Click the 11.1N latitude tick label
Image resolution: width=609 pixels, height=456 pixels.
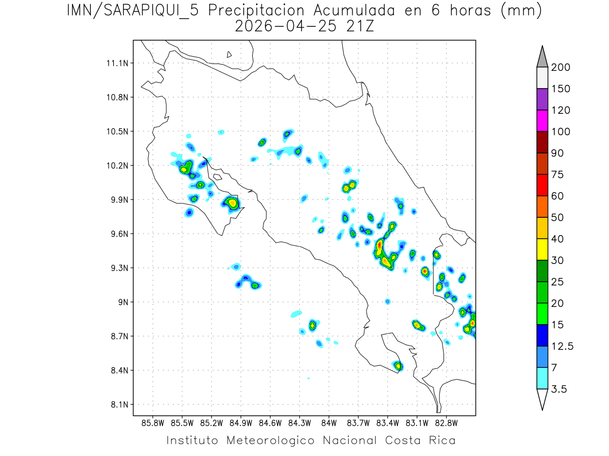117,63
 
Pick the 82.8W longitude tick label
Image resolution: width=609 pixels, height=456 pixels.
446,422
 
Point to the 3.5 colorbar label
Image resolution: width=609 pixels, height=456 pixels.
559,389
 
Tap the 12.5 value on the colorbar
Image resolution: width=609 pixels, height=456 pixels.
562,346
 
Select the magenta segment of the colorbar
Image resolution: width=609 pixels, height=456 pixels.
542,121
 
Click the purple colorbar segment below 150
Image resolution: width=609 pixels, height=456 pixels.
542,99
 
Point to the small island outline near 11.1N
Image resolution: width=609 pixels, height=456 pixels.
229,54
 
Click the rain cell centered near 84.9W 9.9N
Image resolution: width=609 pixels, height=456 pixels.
232,203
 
